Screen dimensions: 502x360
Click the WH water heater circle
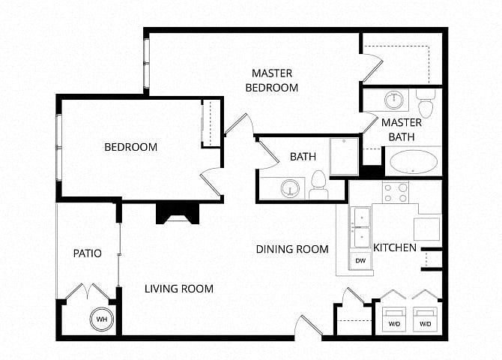click(x=102, y=319)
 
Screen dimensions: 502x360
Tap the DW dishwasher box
click(x=360, y=260)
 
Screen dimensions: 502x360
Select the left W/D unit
click(x=394, y=319)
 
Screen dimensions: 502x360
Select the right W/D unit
click(x=425, y=319)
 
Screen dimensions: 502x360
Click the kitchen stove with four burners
click(x=396, y=192)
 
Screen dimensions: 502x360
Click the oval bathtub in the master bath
click(x=414, y=161)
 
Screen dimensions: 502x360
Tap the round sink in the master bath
click(x=394, y=100)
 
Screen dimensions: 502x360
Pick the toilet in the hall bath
click(x=318, y=185)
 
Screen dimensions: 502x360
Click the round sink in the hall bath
click(x=291, y=188)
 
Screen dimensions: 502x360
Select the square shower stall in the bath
click(x=344, y=157)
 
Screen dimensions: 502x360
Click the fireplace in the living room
click(x=178, y=214)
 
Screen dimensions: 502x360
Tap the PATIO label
click(x=88, y=253)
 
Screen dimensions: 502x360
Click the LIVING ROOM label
click(x=179, y=289)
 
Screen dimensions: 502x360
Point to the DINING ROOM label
click(x=292, y=249)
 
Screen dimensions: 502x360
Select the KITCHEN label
click(x=395, y=247)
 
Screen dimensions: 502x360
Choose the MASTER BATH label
click(x=402, y=130)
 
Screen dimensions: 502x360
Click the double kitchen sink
click(x=361, y=227)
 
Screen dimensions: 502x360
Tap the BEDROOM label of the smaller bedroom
click(x=131, y=147)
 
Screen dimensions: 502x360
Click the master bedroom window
click(x=146, y=63)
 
